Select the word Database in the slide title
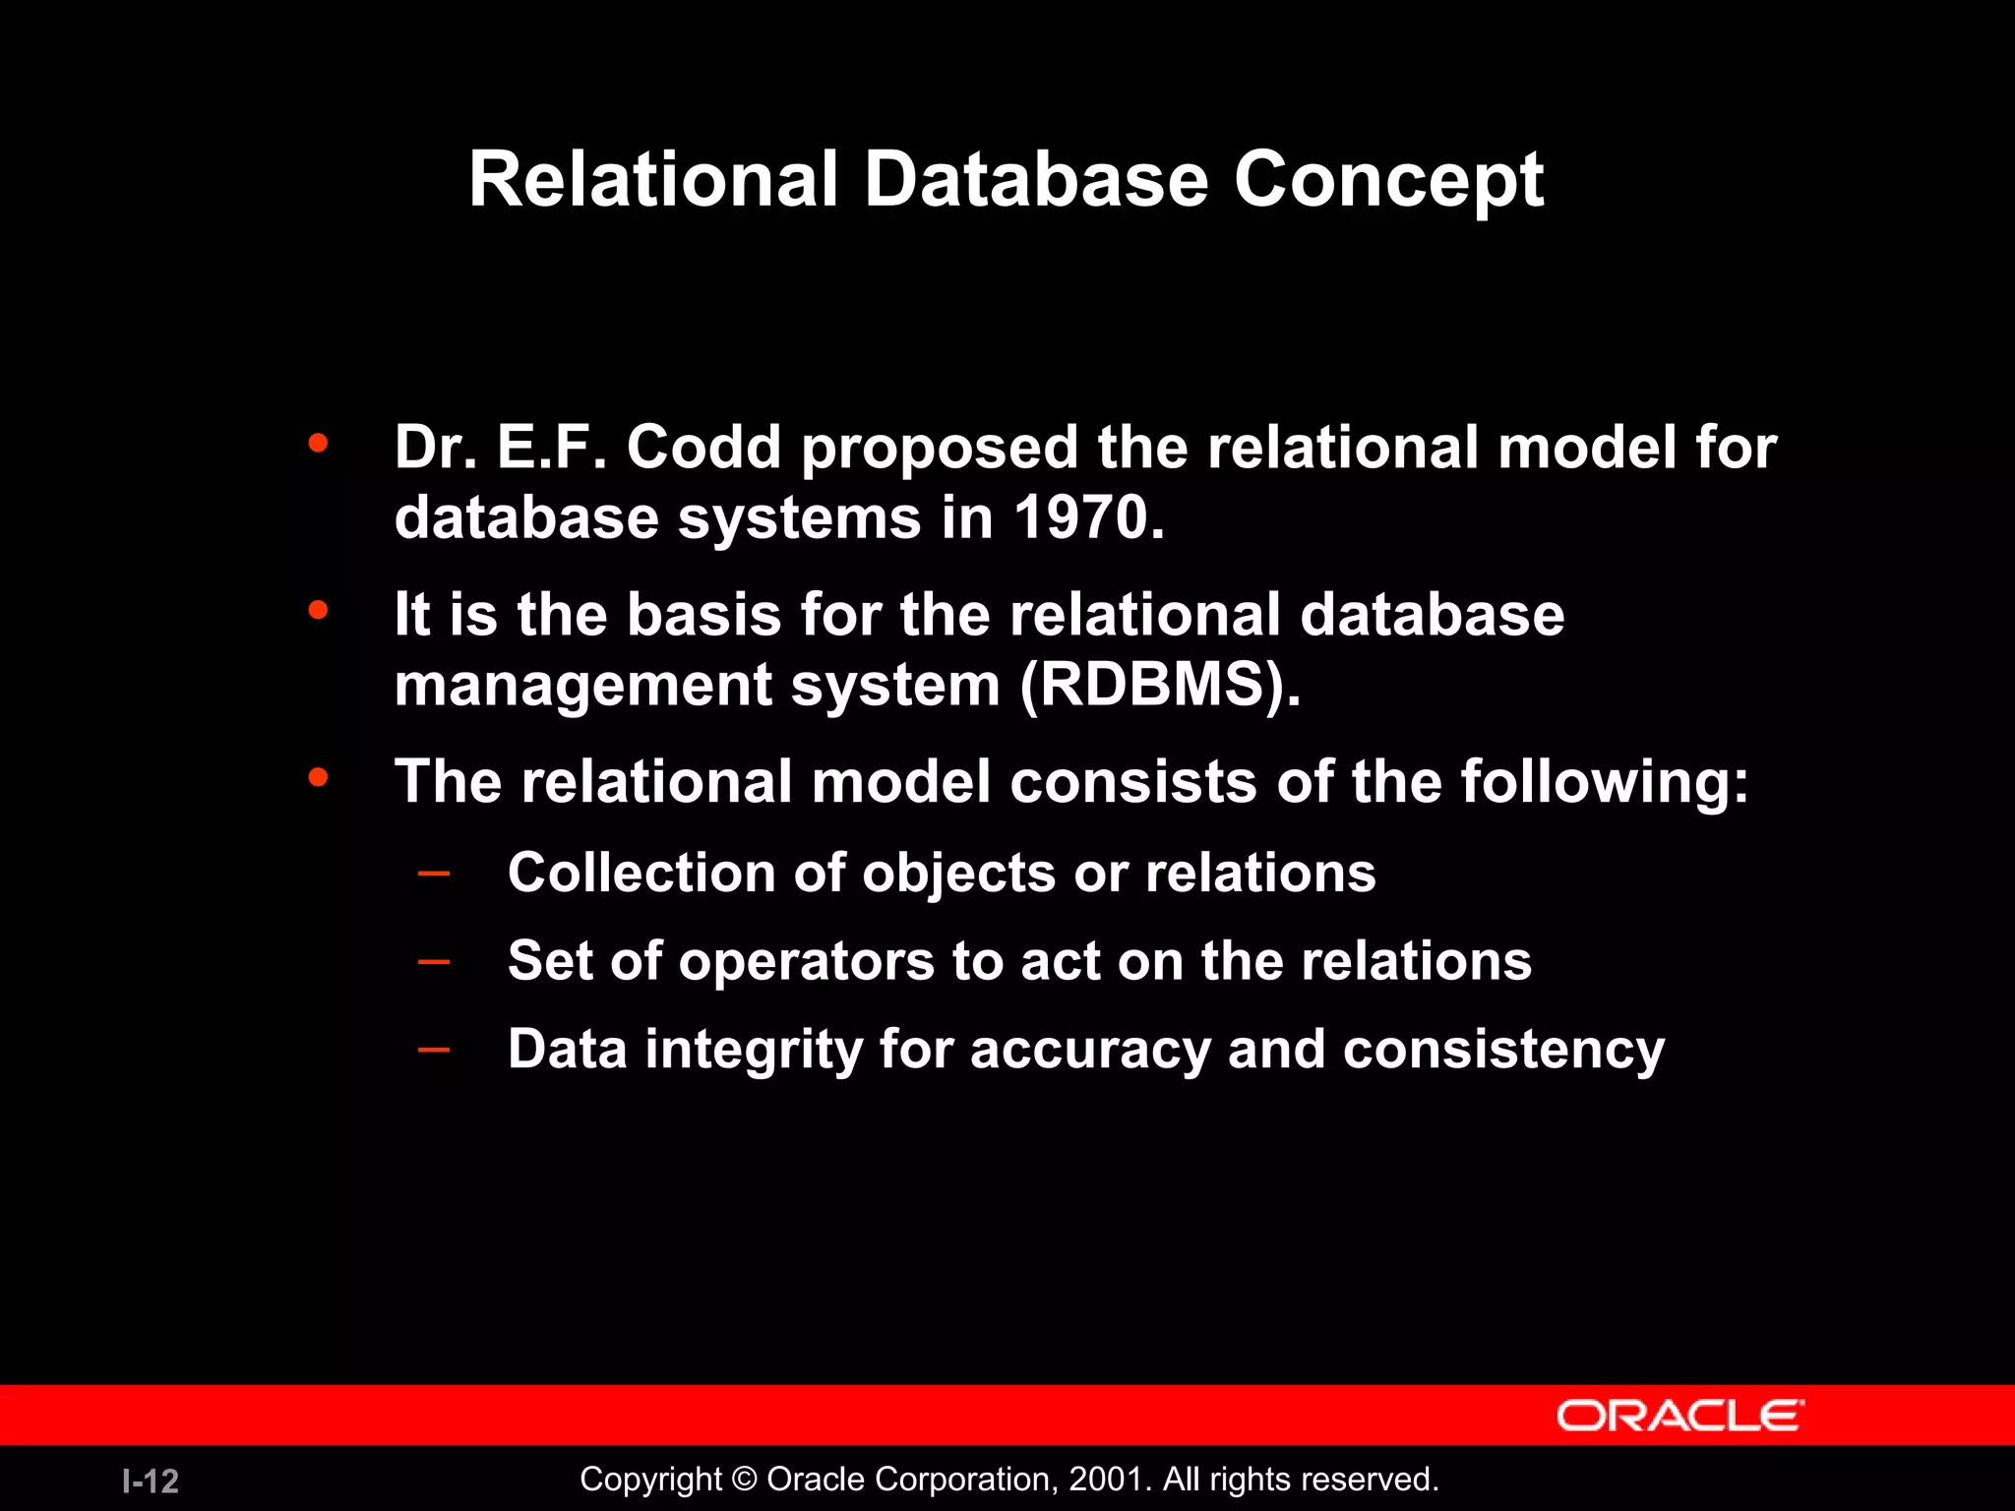[x=1035, y=181]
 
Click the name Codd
[x=703, y=448]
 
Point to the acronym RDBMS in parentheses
[x=1153, y=685]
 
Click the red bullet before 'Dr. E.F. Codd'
[x=317, y=444]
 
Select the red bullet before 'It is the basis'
[x=317, y=611]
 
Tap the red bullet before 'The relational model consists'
[x=317, y=778]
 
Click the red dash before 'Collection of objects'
[x=434, y=873]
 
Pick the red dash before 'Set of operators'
[x=434, y=960]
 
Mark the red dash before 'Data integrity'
[x=434, y=1049]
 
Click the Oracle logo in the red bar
[x=1679, y=1416]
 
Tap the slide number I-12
[x=151, y=1481]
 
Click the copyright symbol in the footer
[x=745, y=1480]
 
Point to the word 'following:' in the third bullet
[x=1604, y=783]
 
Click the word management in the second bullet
[x=582, y=687]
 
